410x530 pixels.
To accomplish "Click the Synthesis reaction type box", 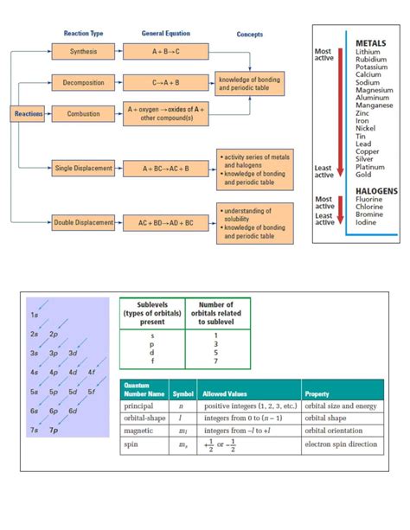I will [84, 52].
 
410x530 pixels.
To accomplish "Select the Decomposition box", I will [84, 83].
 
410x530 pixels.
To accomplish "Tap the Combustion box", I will [84, 113].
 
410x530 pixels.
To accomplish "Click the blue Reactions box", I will [27, 113].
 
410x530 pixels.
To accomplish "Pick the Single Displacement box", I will [84, 167].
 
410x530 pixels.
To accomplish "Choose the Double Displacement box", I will [84, 223].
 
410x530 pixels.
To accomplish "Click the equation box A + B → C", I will [166, 52].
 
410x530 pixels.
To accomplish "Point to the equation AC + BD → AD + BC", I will [166, 223].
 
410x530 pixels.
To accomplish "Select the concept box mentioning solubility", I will [248, 223].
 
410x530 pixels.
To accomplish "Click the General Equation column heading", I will [166, 34].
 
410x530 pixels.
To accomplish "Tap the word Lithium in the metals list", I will [367, 52].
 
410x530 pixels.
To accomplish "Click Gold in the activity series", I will [363, 175].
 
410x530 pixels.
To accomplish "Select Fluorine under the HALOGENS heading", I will [369, 200].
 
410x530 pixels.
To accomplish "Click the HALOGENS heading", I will [375, 190].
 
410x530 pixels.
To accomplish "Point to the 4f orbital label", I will [92, 372].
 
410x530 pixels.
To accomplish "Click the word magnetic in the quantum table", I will [138, 431].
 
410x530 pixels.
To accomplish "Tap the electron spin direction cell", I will [341, 445].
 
